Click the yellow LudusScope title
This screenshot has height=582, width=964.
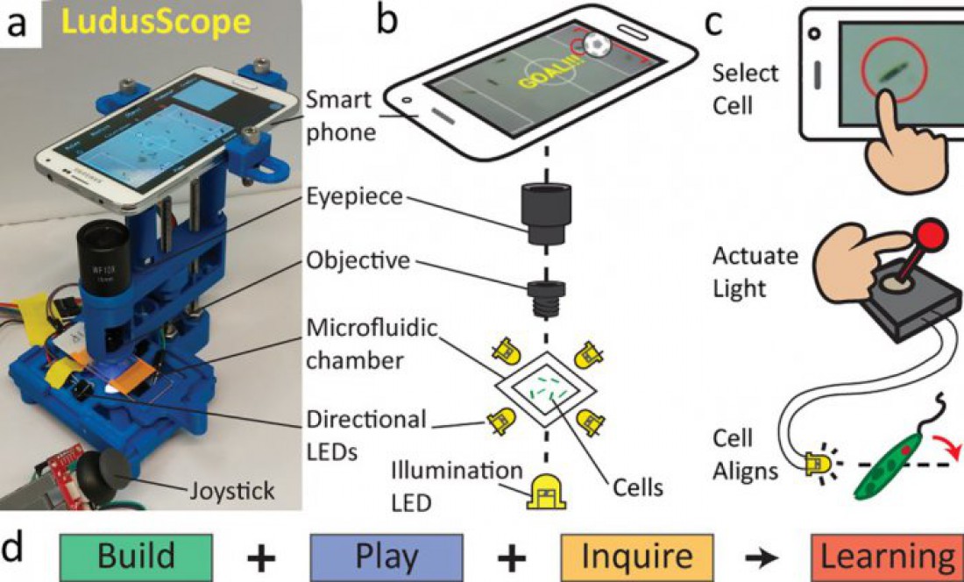pos(157,24)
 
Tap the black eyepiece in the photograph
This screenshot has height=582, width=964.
pos(103,253)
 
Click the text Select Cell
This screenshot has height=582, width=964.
pos(745,89)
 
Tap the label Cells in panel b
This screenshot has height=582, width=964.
pos(638,487)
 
